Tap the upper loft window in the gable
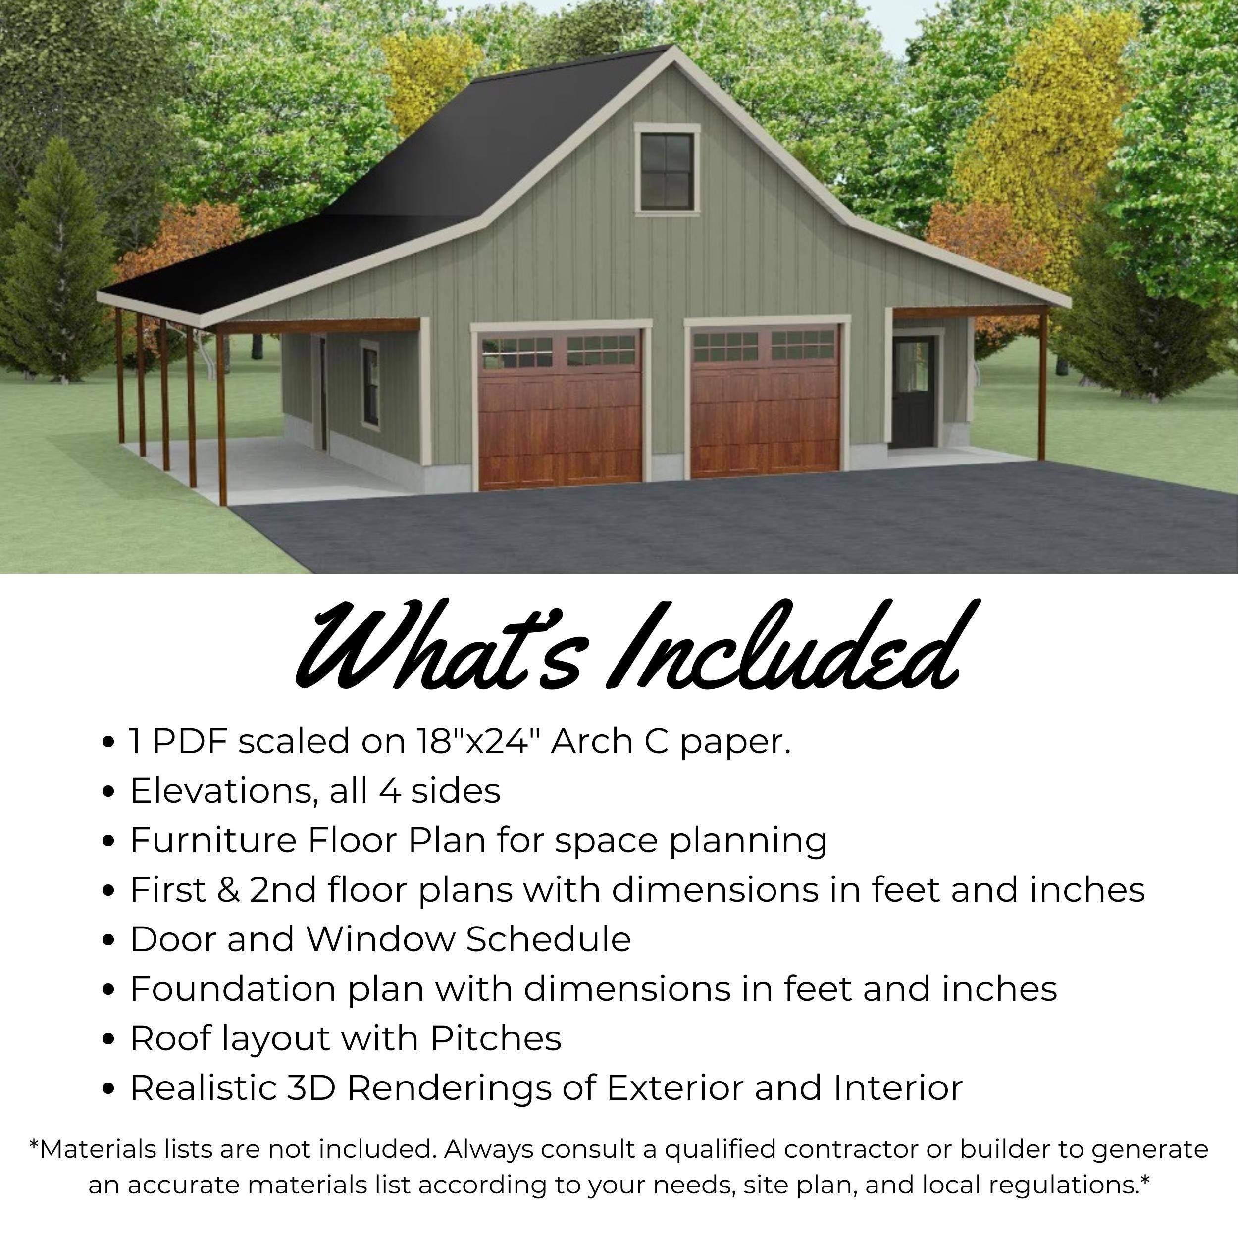click(x=667, y=171)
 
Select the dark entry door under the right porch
click(x=915, y=394)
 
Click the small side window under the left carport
click(x=370, y=383)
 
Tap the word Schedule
click(x=549, y=939)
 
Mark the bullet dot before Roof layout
click(x=108, y=1039)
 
